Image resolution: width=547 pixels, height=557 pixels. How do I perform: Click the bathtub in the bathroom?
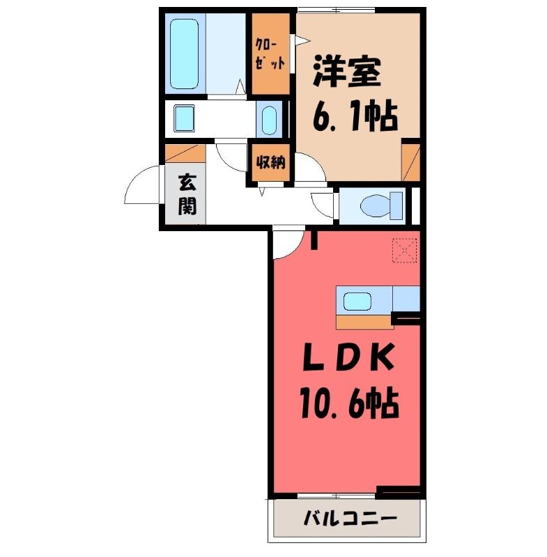point(184,54)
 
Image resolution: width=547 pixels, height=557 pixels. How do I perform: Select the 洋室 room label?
point(347,72)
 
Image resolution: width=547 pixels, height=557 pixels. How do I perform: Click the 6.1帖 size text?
point(355,116)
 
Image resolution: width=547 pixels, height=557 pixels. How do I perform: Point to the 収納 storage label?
point(271,163)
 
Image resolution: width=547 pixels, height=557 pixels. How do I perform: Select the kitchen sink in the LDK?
point(357,301)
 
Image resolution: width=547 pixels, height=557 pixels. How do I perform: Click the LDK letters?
point(348,357)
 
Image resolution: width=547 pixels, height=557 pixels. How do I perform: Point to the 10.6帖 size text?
point(349,403)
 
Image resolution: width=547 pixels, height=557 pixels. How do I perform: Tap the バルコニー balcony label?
point(350,519)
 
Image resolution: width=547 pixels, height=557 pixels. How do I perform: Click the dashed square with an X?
point(404,251)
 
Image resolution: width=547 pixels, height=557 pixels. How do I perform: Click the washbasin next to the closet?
point(269,120)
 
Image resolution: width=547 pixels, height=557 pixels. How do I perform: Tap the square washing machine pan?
point(184,118)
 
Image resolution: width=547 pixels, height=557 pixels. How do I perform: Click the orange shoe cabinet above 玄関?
point(185,153)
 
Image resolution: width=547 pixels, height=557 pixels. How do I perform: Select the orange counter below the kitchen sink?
point(364,322)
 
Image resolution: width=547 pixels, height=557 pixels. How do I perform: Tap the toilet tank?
point(396,205)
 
